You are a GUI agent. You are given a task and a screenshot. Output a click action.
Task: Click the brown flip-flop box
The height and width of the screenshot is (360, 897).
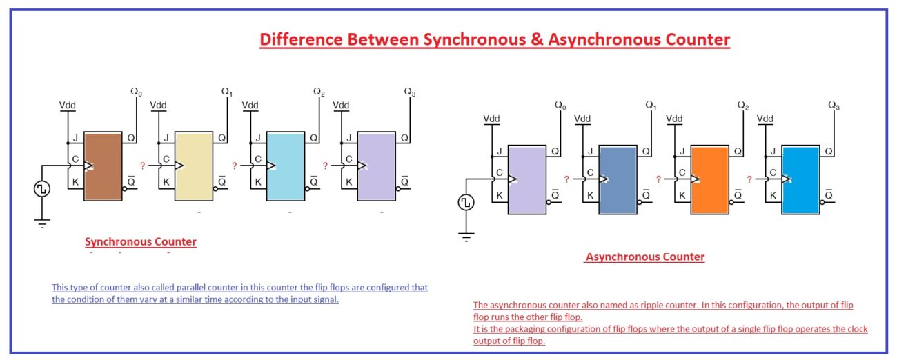tap(102, 166)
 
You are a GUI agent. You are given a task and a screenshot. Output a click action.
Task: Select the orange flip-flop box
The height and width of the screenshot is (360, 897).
tap(710, 180)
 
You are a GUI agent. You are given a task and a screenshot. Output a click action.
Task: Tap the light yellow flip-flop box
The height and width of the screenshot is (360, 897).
tap(194, 166)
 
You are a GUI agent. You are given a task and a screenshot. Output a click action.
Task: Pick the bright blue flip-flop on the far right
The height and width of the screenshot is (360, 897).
tap(801, 180)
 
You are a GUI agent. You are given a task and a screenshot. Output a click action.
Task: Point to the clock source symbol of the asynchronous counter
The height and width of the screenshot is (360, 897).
tap(466, 202)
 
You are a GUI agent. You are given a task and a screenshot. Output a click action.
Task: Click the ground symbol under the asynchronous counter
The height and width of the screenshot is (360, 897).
tap(466, 237)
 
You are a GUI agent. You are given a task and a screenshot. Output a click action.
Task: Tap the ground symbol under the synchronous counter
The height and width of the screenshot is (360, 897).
tap(42, 223)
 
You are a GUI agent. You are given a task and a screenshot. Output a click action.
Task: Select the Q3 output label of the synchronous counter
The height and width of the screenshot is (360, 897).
tap(409, 92)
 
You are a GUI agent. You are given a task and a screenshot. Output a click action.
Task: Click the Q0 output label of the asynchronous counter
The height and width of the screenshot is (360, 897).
tap(560, 106)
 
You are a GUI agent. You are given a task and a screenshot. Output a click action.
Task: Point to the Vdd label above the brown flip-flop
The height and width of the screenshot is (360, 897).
tap(68, 105)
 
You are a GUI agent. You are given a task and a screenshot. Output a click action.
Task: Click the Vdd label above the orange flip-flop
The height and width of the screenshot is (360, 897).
tap(674, 119)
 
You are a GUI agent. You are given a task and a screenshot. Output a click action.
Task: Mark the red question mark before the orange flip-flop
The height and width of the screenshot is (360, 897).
tap(658, 179)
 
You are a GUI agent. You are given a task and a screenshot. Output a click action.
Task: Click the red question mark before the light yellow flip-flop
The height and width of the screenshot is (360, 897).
tap(143, 166)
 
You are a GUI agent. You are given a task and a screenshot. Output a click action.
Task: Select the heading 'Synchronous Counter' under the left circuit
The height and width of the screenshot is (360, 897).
tap(141, 242)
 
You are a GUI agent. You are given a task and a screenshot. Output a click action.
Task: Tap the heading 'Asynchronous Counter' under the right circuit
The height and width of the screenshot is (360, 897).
tap(645, 257)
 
